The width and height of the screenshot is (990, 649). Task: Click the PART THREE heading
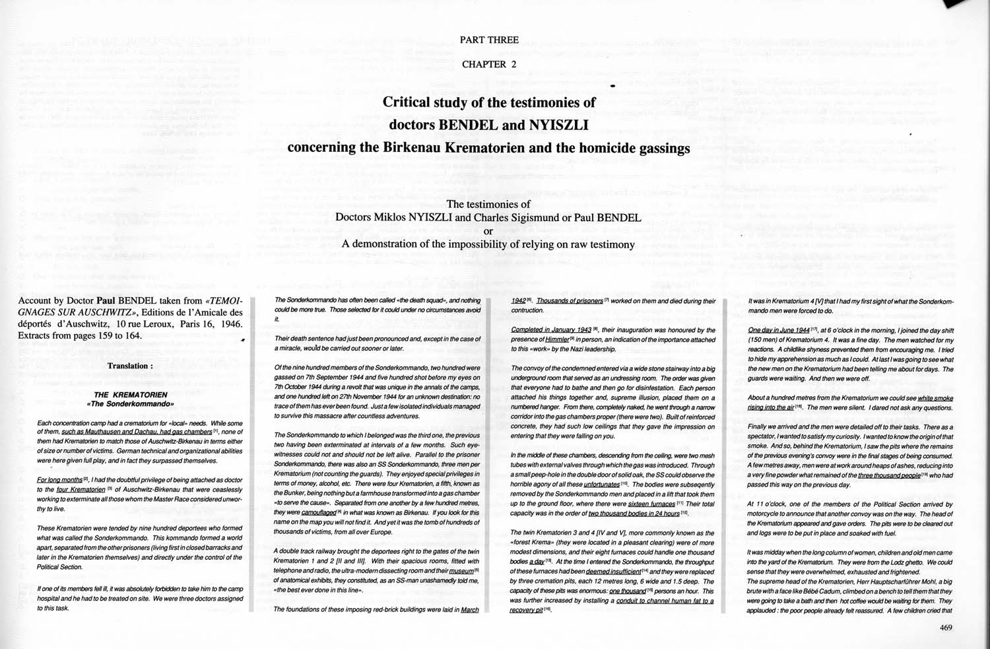click(489, 40)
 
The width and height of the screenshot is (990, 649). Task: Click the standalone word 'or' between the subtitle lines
click(488, 231)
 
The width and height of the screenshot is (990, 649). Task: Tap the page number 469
click(946, 627)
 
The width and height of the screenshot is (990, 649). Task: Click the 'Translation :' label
click(130, 366)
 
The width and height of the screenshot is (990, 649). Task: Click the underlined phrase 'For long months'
click(59, 480)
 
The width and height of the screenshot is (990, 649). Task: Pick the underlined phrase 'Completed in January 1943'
click(551, 330)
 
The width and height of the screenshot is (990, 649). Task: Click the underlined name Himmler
click(557, 339)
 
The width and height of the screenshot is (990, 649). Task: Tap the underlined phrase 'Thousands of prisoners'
click(570, 301)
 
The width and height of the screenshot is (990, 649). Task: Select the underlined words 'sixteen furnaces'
click(651, 504)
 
